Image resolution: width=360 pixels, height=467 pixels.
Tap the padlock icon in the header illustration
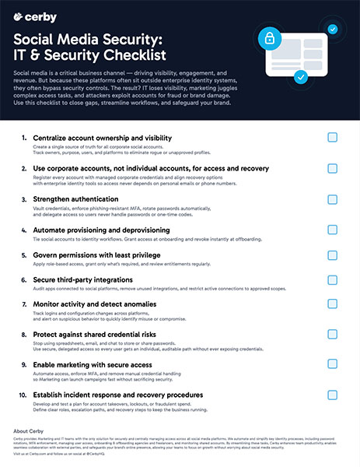click(x=271, y=38)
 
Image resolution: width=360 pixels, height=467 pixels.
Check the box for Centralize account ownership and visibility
click(x=332, y=138)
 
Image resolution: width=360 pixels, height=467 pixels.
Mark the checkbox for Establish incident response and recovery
click(x=332, y=396)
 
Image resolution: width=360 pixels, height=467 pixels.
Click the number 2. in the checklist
click(x=26, y=168)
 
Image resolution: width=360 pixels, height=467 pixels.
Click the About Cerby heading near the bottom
click(x=32, y=430)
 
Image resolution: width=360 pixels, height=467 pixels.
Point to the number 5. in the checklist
click(x=26, y=255)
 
